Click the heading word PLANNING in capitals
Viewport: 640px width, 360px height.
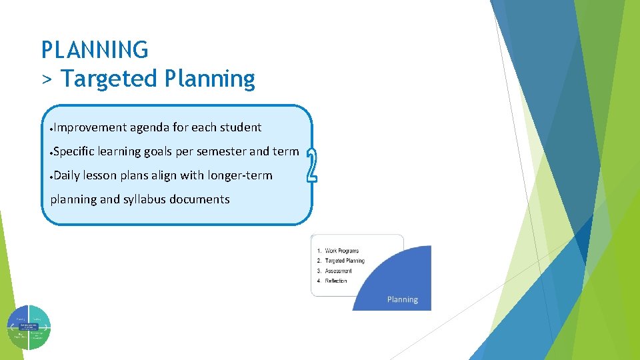pyautogui.click(x=95, y=50)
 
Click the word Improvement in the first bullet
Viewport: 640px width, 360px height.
pyautogui.click(x=89, y=127)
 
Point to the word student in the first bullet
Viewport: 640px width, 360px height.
pyautogui.click(x=241, y=127)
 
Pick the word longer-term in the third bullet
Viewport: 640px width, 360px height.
pyautogui.click(x=240, y=175)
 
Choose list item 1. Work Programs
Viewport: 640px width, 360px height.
pyautogui.click(x=338, y=251)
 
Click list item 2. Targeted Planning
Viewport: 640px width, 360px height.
pyautogui.click(x=341, y=261)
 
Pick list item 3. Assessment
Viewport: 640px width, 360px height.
pyautogui.click(x=335, y=271)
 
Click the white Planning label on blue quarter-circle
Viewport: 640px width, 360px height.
pyautogui.click(x=403, y=299)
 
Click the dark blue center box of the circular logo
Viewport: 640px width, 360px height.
pyautogui.click(x=29, y=327)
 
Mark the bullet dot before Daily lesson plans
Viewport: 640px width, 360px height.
pyautogui.click(x=51, y=177)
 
